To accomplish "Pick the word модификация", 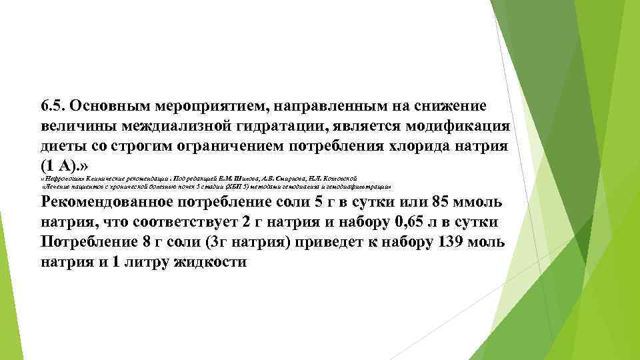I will [x=457, y=127].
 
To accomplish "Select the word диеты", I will [x=61, y=147].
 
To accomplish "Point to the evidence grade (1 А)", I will [x=61, y=167].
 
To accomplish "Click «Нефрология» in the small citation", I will [x=62, y=179].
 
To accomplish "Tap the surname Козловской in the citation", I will [x=342, y=179].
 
